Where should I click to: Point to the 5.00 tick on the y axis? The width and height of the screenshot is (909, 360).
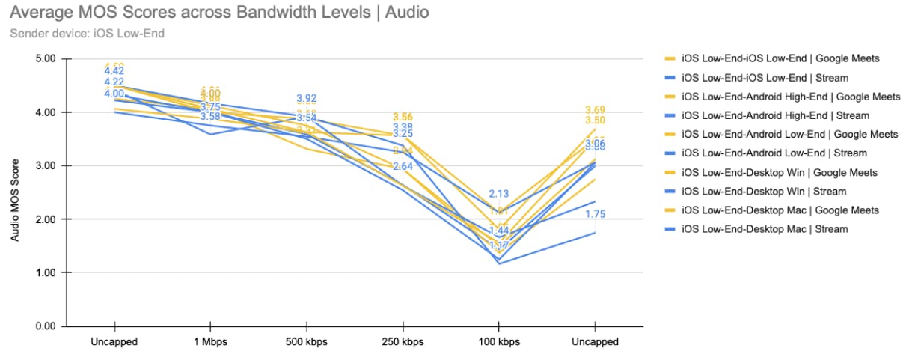[x=47, y=58]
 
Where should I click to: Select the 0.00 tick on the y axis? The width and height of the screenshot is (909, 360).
[x=47, y=326]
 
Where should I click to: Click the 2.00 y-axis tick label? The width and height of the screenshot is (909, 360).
[x=47, y=219]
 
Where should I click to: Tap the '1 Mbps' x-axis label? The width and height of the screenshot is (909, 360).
[x=210, y=342]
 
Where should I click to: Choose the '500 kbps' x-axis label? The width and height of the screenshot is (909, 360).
[x=306, y=342]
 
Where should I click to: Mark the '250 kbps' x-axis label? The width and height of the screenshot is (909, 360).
[x=403, y=342]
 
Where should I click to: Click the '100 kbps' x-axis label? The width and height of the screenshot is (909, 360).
[x=498, y=342]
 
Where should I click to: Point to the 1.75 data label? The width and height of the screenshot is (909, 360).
[x=595, y=214]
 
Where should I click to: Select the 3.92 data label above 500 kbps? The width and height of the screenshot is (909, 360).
[x=306, y=98]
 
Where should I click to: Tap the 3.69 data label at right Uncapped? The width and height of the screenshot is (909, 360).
[x=595, y=110]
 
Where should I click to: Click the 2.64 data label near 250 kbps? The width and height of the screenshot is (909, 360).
[x=403, y=166]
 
